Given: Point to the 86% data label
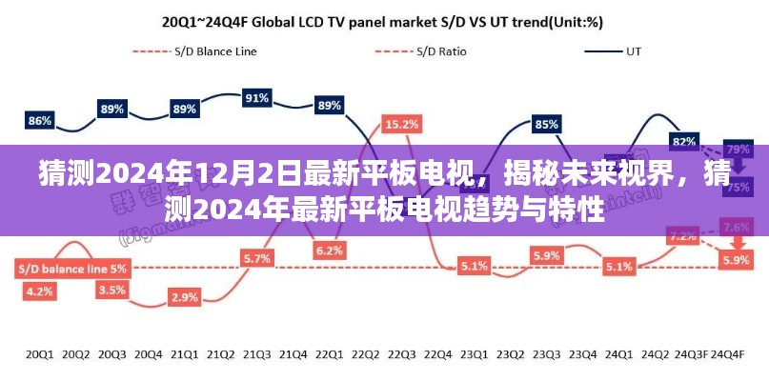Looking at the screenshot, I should point(40,121).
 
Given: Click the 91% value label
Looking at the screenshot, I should point(256,97).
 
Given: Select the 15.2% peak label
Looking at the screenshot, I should point(400,123).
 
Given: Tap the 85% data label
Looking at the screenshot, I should point(546,124).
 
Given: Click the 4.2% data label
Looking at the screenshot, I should point(40,291).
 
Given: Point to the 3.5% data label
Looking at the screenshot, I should point(112,290).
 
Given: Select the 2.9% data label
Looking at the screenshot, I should point(185,298).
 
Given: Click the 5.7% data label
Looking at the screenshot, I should point(256,258).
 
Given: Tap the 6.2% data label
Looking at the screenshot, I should point(329,251).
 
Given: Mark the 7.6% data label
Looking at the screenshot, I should point(736,227).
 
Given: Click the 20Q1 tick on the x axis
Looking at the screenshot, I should point(40,354).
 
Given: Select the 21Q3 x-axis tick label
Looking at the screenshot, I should point(256,354).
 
